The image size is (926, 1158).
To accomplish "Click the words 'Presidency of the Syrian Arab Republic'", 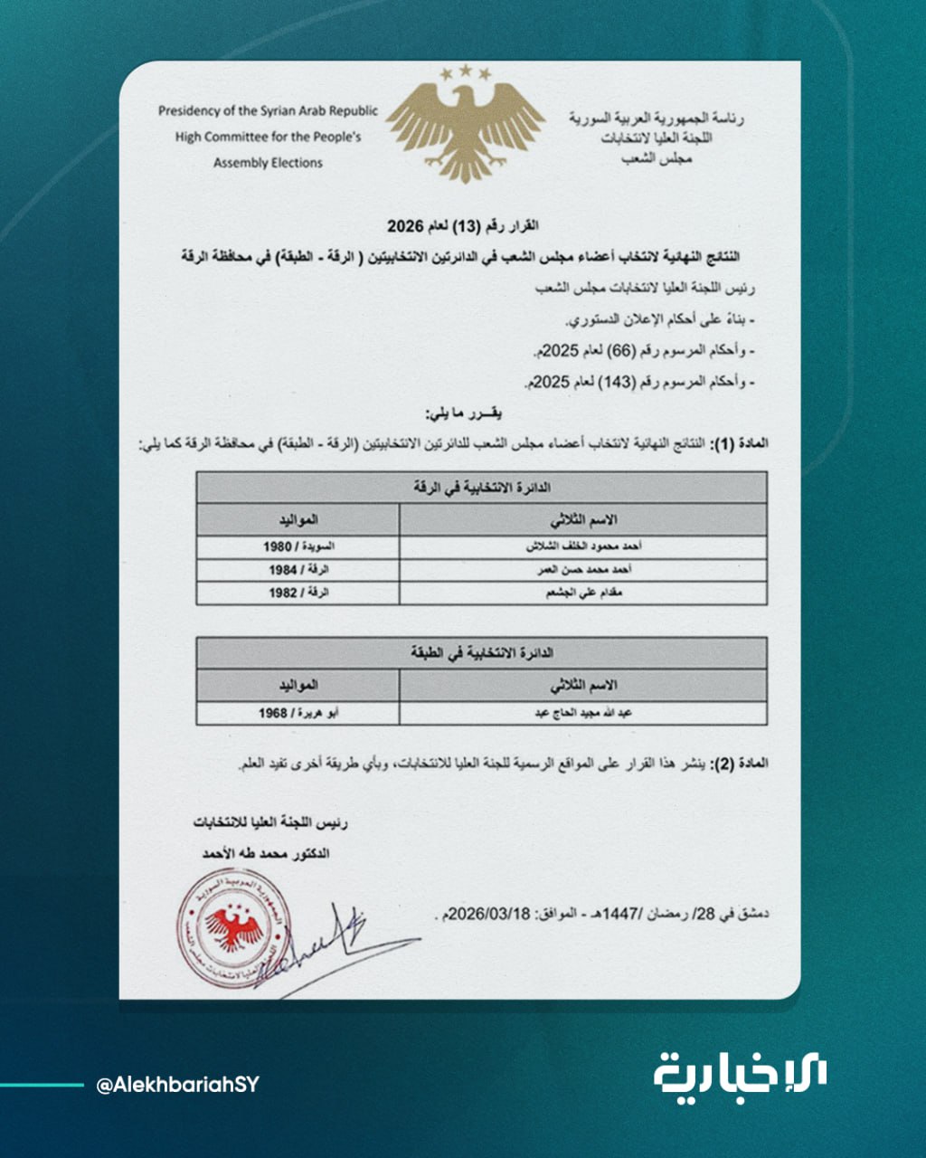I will click(x=268, y=111).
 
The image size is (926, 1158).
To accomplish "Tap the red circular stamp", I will click(x=233, y=929).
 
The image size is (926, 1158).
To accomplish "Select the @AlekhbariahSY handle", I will click(x=177, y=1085).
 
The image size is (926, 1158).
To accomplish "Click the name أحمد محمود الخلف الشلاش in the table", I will click(x=583, y=547).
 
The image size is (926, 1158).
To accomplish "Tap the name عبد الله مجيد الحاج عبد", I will click(x=583, y=713).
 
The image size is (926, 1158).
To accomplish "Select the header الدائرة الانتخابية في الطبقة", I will click(x=482, y=652).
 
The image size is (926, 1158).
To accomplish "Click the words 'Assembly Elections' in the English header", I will click(x=268, y=163).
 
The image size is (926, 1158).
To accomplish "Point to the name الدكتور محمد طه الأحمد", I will click(x=266, y=853).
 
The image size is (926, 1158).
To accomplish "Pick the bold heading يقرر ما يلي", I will click(x=462, y=413).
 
